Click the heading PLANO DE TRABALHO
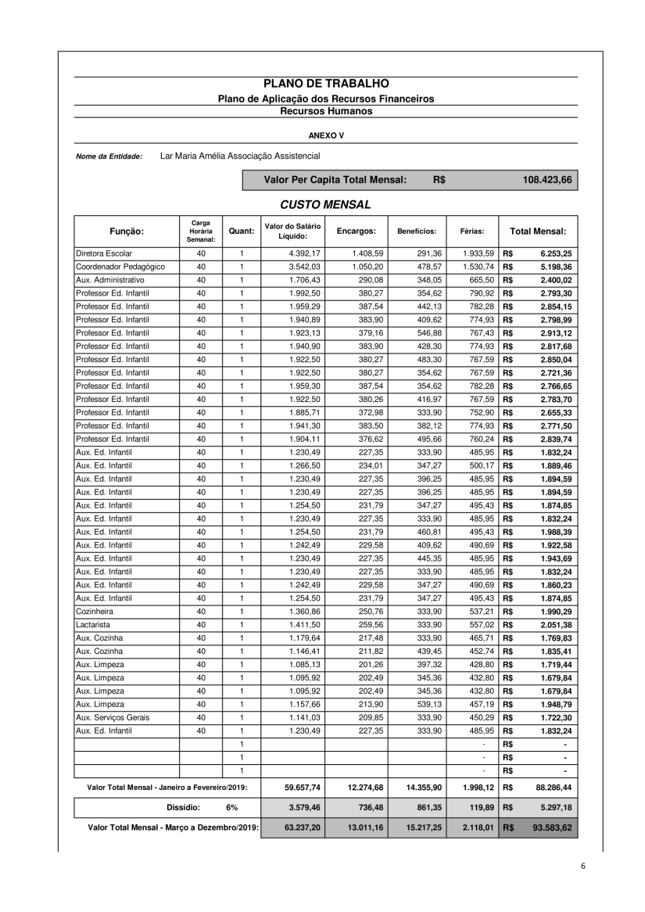tap(326, 83)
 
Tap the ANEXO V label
tap(326, 135)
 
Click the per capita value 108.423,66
tap(547, 180)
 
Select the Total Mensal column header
tap(538, 232)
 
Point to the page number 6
tap(583, 866)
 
